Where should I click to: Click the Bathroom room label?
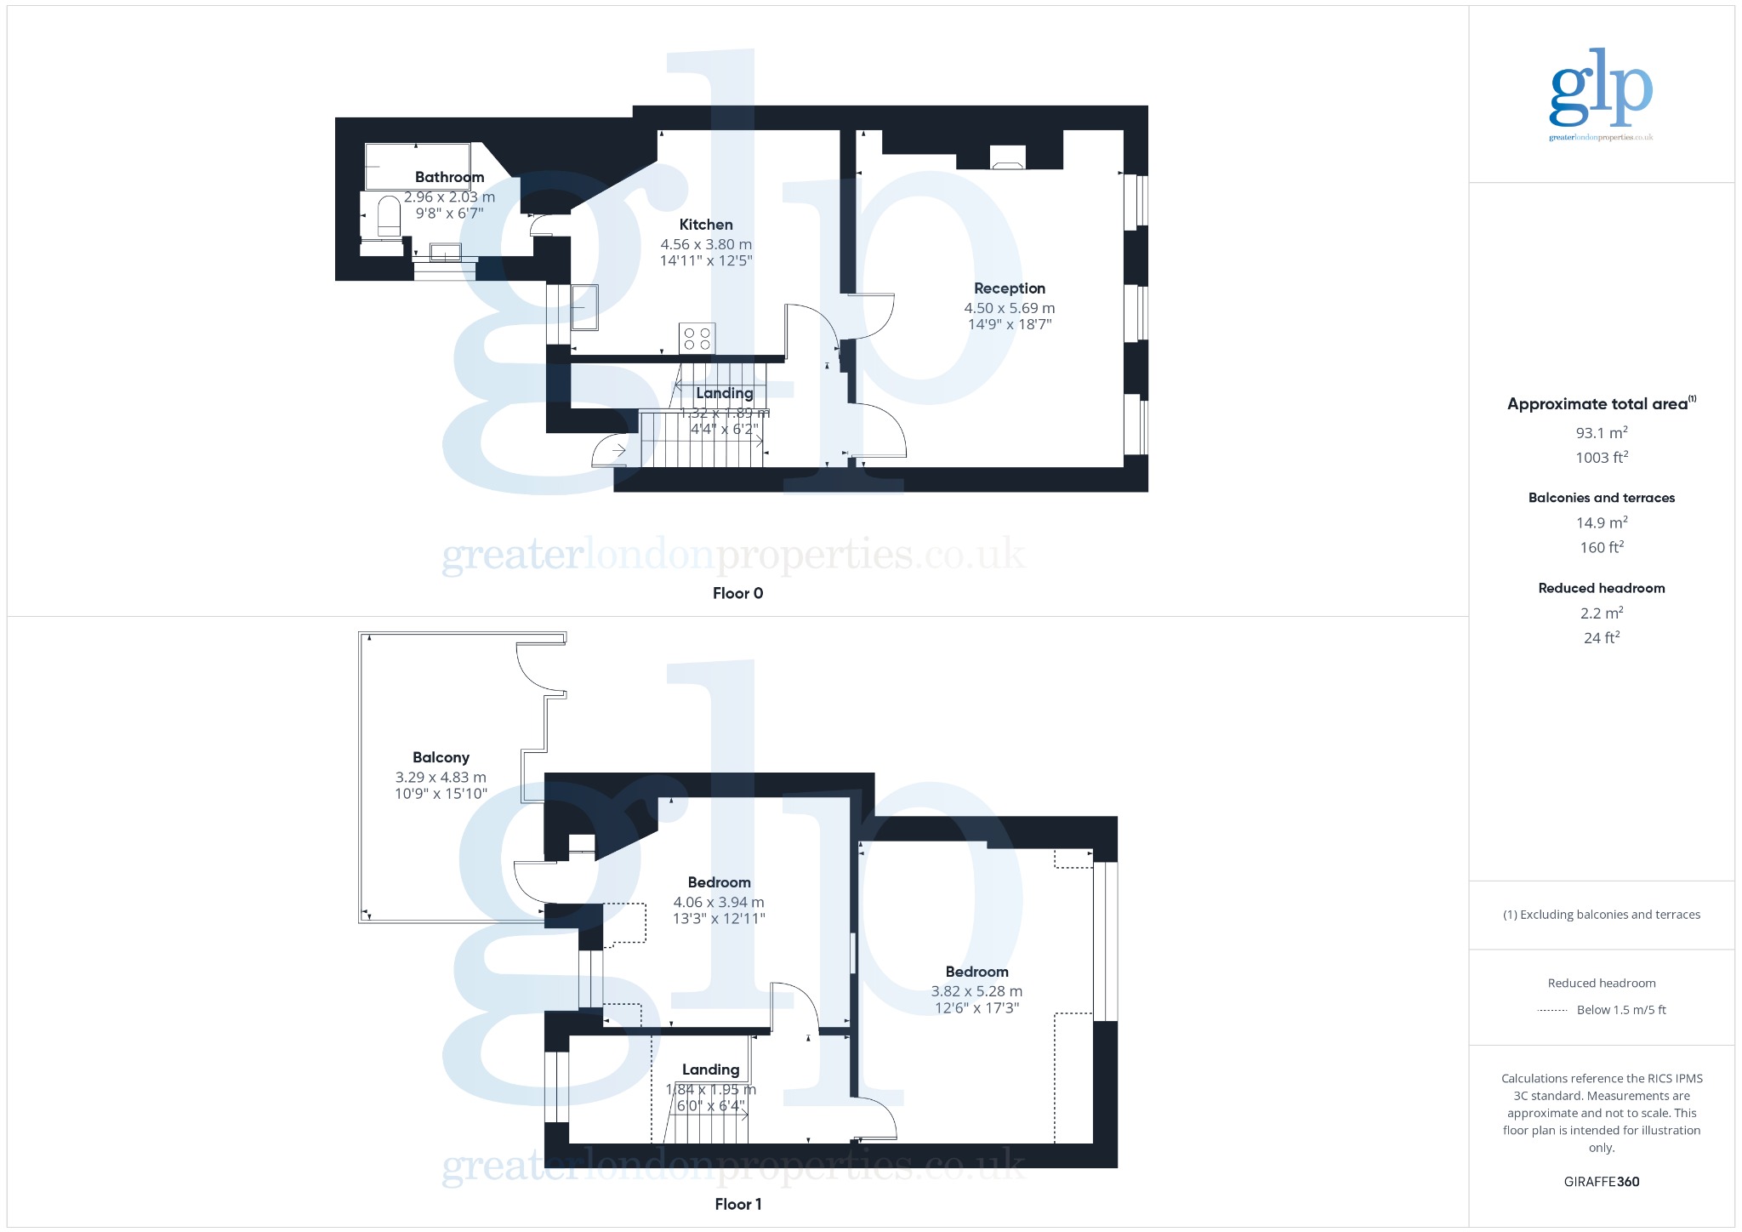(449, 177)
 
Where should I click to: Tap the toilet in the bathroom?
(389, 217)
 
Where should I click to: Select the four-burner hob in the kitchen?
(697, 338)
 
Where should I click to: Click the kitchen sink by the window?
(584, 306)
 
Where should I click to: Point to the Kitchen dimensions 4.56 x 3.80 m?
(706, 244)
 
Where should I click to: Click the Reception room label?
(1010, 288)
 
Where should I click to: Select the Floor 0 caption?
(737, 594)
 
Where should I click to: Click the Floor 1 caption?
(737, 1204)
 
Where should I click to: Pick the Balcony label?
(441, 757)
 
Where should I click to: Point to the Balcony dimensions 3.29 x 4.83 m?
(441, 777)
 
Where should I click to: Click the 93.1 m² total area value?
(1601, 433)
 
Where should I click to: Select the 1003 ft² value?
(1601, 458)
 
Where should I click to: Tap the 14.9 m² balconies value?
(1601, 523)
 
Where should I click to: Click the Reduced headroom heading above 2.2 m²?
(1601, 588)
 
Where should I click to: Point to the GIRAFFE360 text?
(1601, 1182)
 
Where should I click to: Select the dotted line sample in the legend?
(1552, 1011)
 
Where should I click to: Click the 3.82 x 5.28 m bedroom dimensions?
(976, 991)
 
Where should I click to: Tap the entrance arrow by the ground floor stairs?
(618, 450)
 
